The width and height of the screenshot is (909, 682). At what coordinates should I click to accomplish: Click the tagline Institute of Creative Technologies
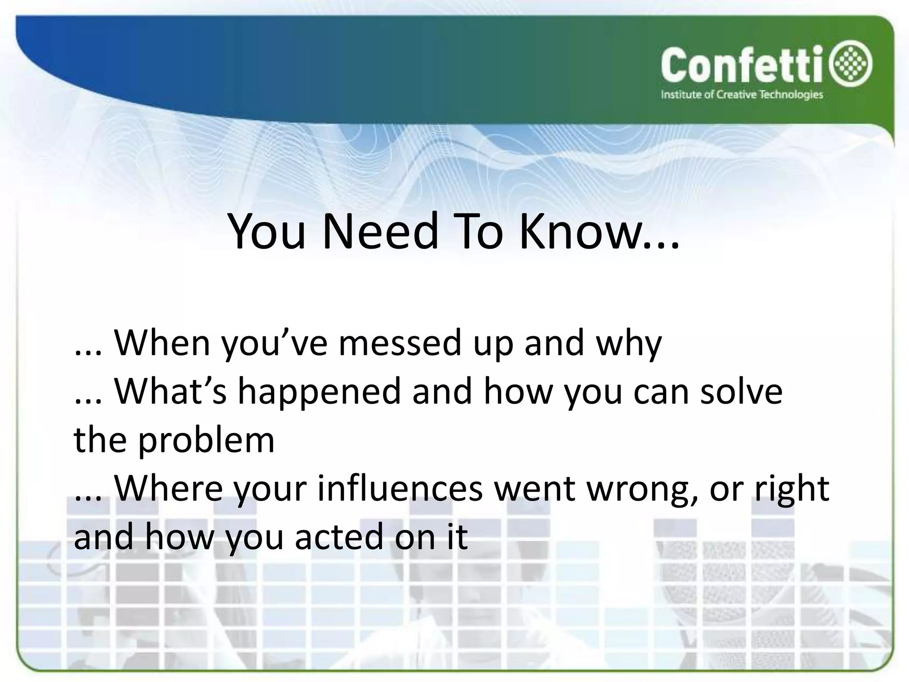742,95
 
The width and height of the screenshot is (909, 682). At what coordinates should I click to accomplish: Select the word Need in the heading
380,232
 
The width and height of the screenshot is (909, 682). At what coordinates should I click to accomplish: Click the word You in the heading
267,232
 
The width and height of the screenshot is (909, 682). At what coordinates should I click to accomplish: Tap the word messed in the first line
400,343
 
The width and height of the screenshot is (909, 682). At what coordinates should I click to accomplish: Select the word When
162,343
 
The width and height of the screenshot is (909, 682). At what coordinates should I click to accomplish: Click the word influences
400,488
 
